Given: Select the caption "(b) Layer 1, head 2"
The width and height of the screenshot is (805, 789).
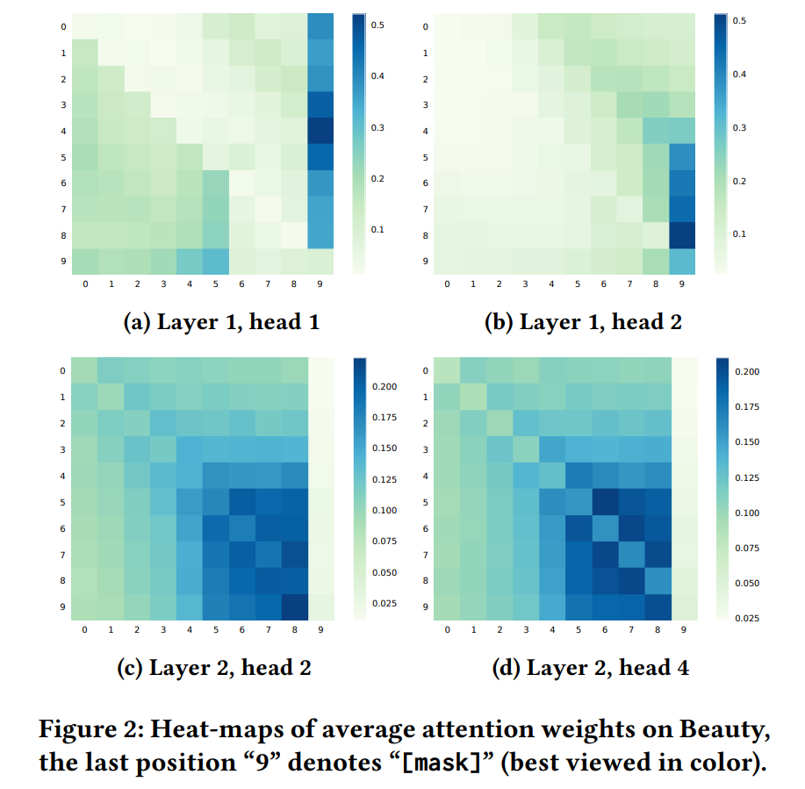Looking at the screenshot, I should tap(583, 322).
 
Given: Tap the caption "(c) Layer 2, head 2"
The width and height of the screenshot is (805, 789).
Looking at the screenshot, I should tap(214, 668).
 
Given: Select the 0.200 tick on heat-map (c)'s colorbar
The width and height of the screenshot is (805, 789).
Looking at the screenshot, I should tap(385, 386).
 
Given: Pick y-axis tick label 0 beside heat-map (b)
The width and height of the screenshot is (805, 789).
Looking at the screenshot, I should tap(426, 26).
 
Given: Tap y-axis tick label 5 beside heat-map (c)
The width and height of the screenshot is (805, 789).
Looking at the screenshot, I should tap(62, 502).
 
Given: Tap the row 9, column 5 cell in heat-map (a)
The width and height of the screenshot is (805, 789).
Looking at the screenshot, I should tap(216, 262).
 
